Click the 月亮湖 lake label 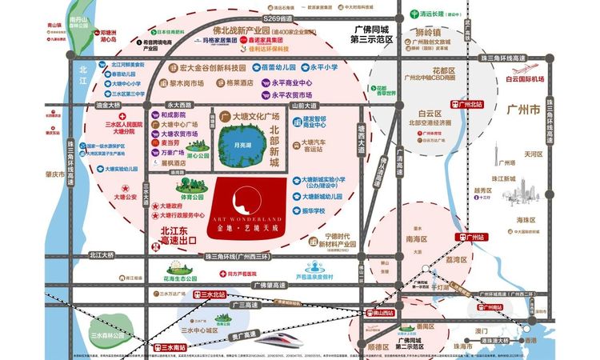[238, 146]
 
